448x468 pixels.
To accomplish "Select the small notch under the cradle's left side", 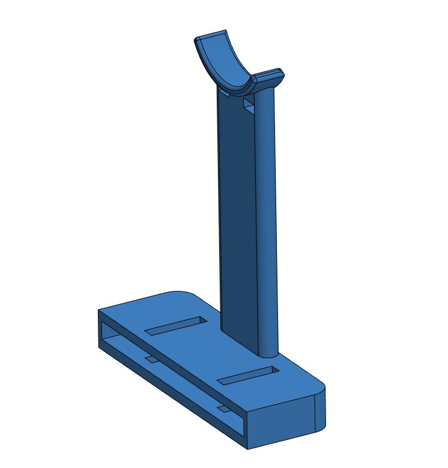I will (x=224, y=94).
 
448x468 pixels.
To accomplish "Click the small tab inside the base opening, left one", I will (x=150, y=359).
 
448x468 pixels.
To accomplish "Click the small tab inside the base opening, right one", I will (x=223, y=409).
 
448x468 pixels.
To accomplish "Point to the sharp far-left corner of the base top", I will (x=99, y=310).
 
